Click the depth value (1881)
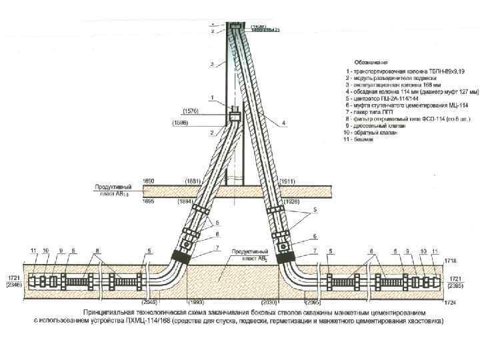194,181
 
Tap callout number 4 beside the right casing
283,123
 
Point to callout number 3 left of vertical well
211,65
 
